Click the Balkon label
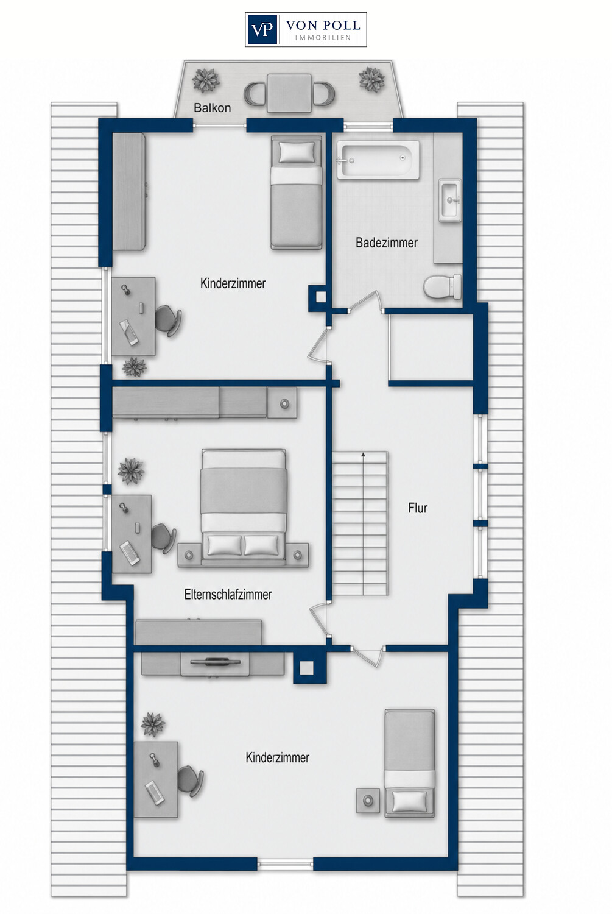coord(212,108)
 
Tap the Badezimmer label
coord(387,243)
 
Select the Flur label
coord(418,508)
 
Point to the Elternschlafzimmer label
coord(228,594)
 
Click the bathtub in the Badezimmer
coord(378,160)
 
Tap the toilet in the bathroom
coord(442,286)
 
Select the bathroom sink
coord(450,200)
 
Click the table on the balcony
coord(289,93)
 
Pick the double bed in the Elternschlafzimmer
coord(244,503)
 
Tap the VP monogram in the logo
coord(262,30)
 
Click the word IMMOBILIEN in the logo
coord(323,38)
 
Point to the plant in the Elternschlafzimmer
coord(131,471)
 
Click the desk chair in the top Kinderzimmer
coord(168,320)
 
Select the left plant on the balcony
coord(206,80)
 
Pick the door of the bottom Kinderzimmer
coord(368,656)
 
